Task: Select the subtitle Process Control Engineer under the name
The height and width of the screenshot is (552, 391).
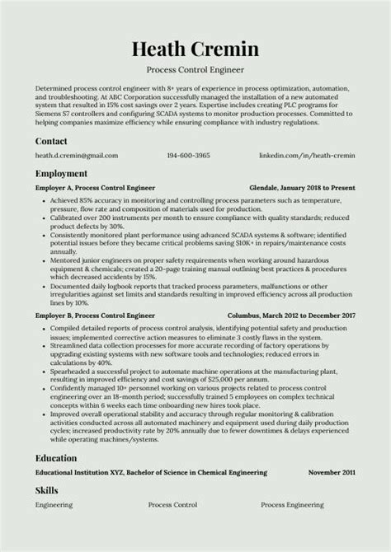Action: coord(195,70)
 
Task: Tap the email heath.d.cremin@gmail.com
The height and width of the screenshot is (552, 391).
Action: coord(77,155)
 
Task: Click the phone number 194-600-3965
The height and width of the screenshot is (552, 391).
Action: coord(188,155)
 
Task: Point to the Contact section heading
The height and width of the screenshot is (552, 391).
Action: coord(52,141)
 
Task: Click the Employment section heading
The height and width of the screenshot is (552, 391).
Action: coord(61,174)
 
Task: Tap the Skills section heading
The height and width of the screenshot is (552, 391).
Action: coord(47,490)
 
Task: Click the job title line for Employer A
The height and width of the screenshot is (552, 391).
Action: coord(95,188)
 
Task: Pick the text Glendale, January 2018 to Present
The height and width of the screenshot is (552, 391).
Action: coord(302,188)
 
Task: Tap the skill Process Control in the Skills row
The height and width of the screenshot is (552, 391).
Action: coord(172,504)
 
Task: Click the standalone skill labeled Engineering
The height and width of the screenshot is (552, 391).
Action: coord(54,504)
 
